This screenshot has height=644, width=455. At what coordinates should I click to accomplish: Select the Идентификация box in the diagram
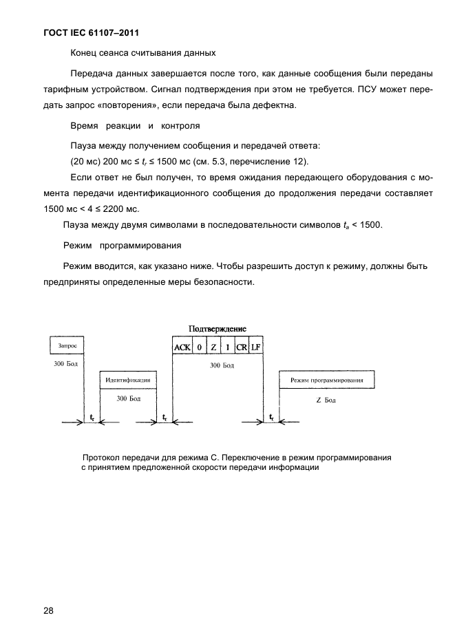click(x=127, y=380)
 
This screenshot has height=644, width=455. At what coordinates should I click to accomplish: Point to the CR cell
click(x=242, y=347)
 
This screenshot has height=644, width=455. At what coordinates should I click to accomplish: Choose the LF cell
click(x=255, y=347)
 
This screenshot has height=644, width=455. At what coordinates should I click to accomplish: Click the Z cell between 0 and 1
click(x=213, y=347)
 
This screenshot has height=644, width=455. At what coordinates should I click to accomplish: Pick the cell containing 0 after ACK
click(x=199, y=347)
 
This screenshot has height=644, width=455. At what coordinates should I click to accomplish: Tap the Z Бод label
click(x=325, y=400)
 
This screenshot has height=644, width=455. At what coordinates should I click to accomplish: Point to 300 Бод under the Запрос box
click(x=66, y=363)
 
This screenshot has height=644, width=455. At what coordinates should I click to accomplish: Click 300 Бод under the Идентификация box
click(x=127, y=398)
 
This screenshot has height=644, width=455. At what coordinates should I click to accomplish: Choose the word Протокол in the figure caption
click(x=102, y=458)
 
